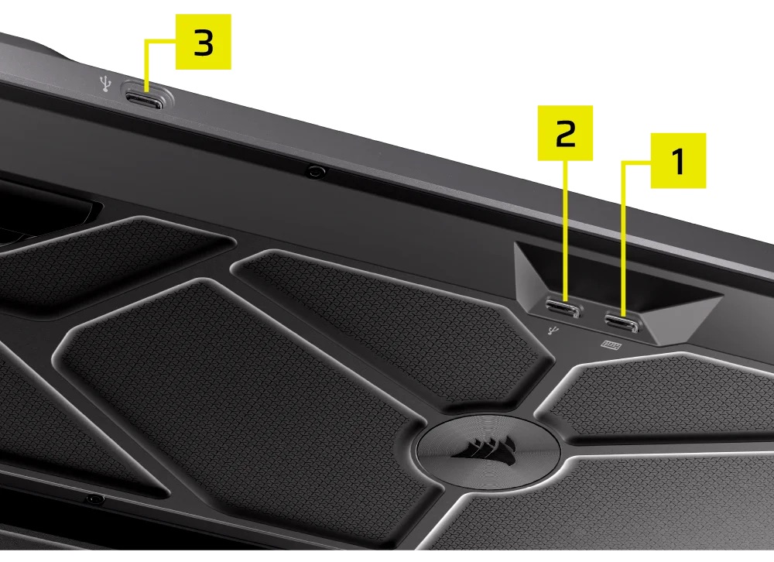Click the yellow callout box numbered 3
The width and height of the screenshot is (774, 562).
[x=204, y=42]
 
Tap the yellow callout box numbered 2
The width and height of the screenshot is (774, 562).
[x=565, y=133]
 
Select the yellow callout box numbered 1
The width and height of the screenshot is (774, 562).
[x=678, y=160]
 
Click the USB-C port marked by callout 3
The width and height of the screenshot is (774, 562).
[x=144, y=101]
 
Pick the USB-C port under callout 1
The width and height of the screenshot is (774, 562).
[x=622, y=323]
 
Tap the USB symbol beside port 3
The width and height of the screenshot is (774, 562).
[x=105, y=84]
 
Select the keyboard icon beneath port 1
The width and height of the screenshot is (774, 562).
[x=611, y=344]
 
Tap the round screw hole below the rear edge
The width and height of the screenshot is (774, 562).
[x=314, y=171]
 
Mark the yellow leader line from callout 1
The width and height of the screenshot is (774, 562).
[x=623, y=237]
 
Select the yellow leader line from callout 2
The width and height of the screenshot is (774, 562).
[x=565, y=230]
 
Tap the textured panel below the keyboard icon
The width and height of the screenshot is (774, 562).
[x=662, y=395]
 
